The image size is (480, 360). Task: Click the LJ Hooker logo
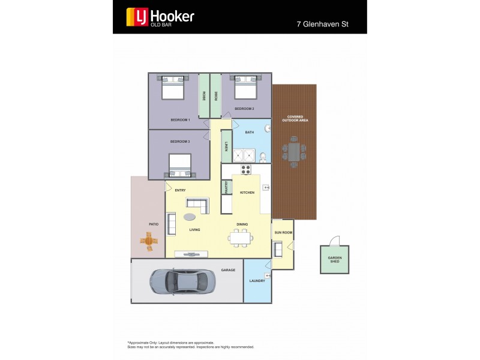coord(160,17)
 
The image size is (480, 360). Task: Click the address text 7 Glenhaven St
coord(323,25)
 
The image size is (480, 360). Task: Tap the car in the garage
coord(181,280)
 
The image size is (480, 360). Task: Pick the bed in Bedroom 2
coord(245,88)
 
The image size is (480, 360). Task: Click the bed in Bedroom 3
coord(180,164)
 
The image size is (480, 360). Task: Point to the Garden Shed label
coord(334,259)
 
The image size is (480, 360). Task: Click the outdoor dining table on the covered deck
coord(294,151)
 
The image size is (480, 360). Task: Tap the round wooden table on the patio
coord(149,241)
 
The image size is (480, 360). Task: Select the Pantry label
coord(226,187)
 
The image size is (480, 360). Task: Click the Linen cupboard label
coord(226,146)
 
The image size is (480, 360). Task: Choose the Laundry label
coord(257,280)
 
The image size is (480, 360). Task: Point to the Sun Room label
coord(283,232)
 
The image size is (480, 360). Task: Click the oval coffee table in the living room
coord(190,217)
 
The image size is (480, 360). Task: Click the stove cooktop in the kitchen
coord(246,169)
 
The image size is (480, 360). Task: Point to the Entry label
coord(180,190)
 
